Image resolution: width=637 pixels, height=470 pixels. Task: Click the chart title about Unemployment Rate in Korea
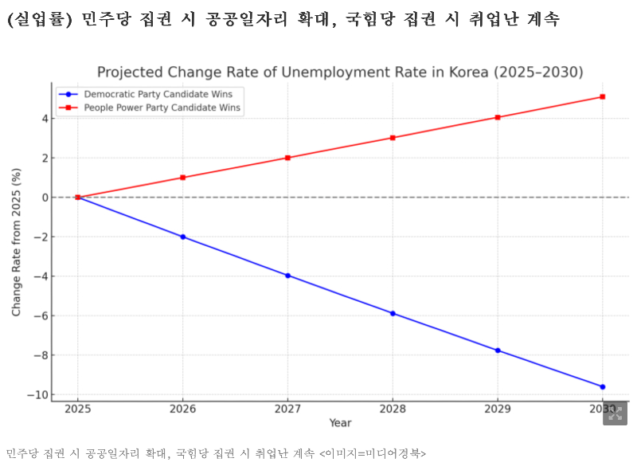340,72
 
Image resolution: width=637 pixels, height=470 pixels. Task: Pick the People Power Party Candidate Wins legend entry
151,108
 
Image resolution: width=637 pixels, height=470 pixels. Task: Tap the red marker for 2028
393,138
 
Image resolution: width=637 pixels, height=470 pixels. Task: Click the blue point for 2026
183,237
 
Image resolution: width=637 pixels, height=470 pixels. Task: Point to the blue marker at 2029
498,351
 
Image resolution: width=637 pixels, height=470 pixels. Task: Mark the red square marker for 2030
602,97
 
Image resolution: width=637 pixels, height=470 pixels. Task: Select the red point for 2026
183,178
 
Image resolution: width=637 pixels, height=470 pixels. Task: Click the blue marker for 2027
287,276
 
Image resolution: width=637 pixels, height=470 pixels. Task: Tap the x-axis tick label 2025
78,409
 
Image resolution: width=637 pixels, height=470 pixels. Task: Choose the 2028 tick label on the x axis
393,409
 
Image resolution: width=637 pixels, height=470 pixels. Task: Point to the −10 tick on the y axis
37,395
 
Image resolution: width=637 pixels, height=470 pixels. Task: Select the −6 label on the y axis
40,316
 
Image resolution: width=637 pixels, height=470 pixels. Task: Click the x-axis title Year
340,423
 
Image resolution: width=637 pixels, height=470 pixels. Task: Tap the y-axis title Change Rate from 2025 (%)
17,241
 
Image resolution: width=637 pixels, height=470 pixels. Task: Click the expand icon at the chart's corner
615,413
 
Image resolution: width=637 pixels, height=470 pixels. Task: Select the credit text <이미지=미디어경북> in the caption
373,453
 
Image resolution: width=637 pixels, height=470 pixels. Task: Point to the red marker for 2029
498,118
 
